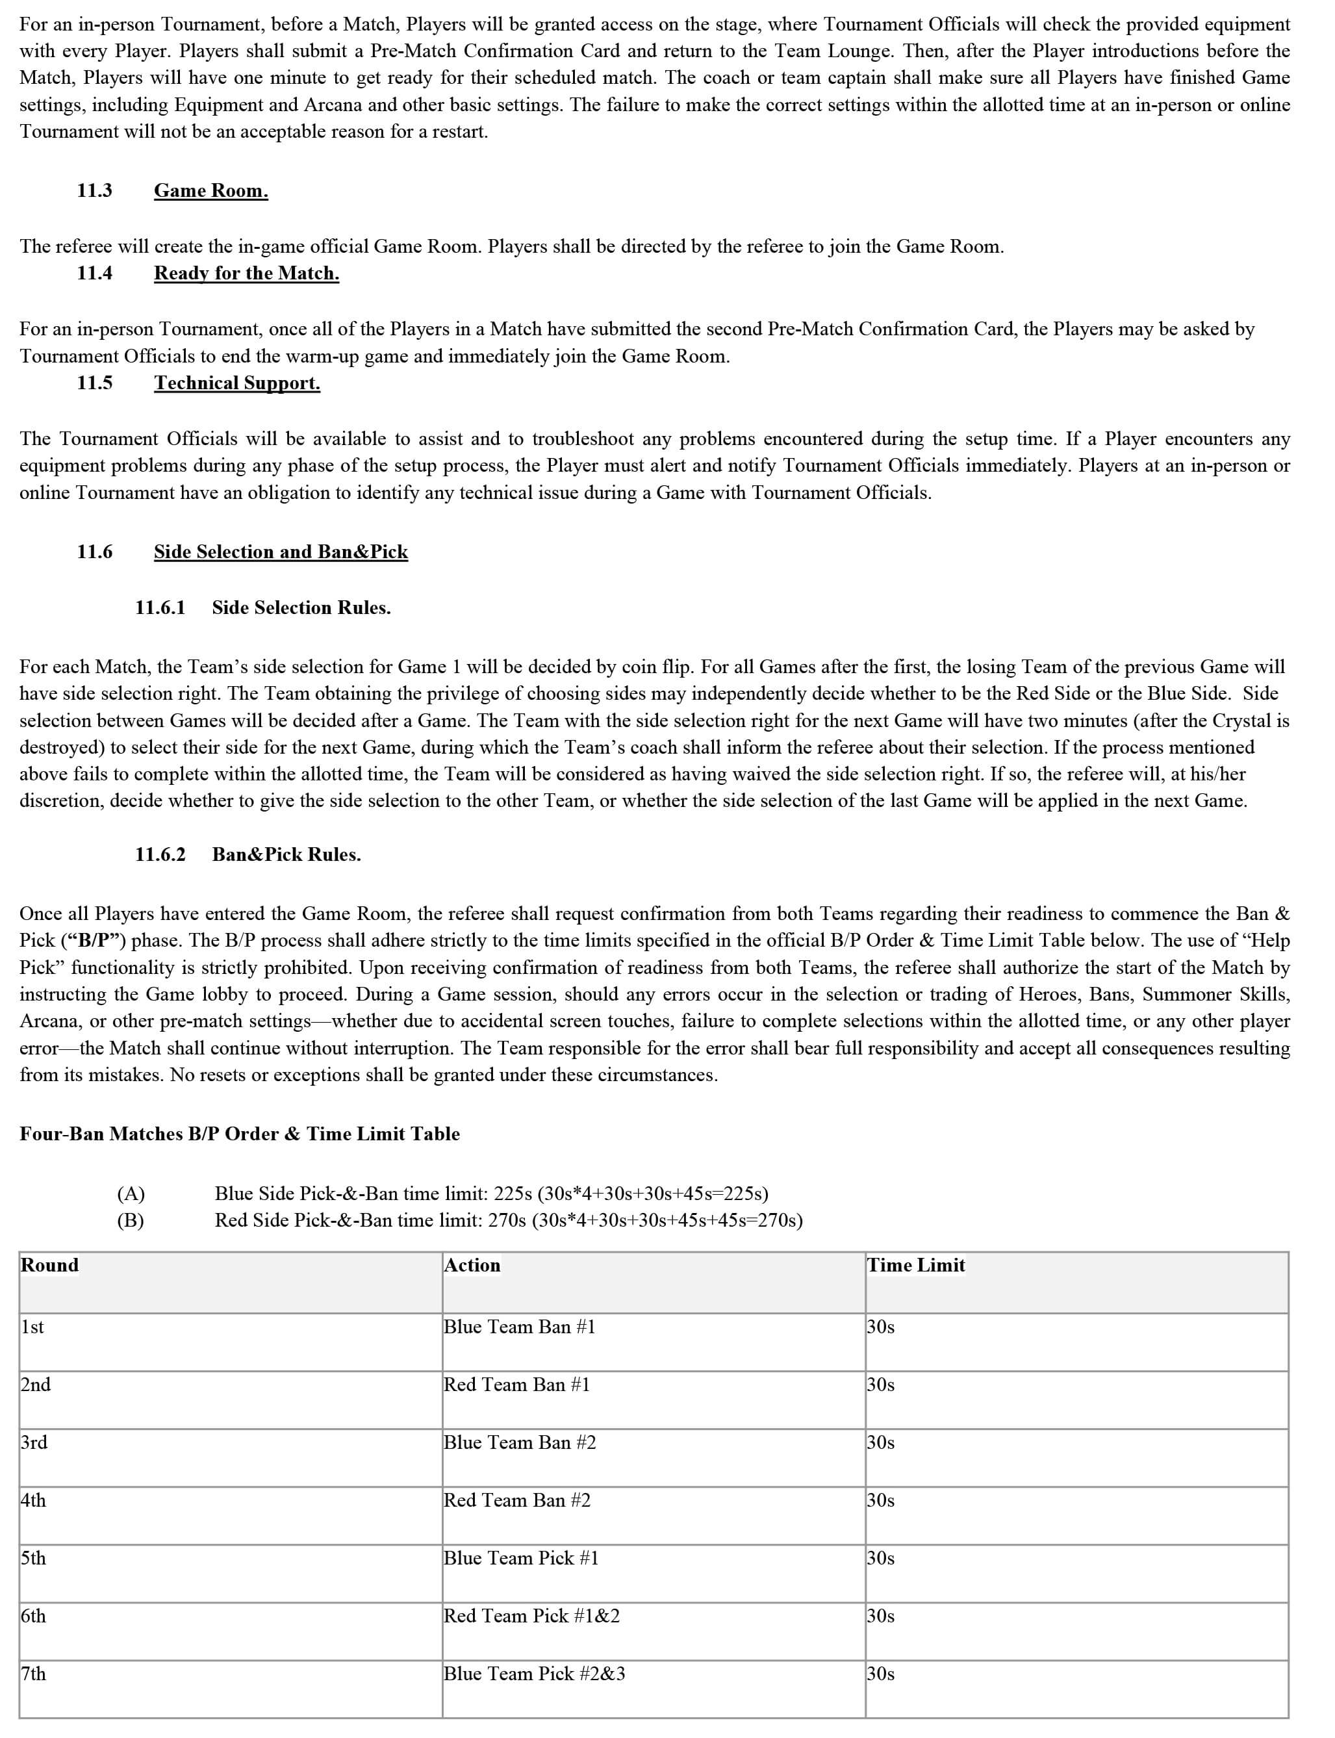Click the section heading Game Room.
(x=210, y=191)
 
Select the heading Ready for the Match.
(x=246, y=274)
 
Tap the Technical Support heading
(x=237, y=383)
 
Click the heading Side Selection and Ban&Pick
(x=281, y=552)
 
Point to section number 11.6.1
(x=160, y=608)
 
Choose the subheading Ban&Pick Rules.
(x=286, y=854)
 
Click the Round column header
(x=50, y=1265)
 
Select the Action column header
(x=472, y=1265)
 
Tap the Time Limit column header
(x=915, y=1265)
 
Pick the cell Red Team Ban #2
(x=516, y=1500)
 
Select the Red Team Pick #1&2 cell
(x=531, y=1616)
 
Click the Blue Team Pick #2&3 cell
(x=534, y=1674)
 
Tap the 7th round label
(x=33, y=1674)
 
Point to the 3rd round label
(x=34, y=1442)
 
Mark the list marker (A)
(x=131, y=1194)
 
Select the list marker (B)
(x=131, y=1220)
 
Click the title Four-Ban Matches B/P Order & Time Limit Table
(x=239, y=1134)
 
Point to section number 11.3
(x=95, y=191)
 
